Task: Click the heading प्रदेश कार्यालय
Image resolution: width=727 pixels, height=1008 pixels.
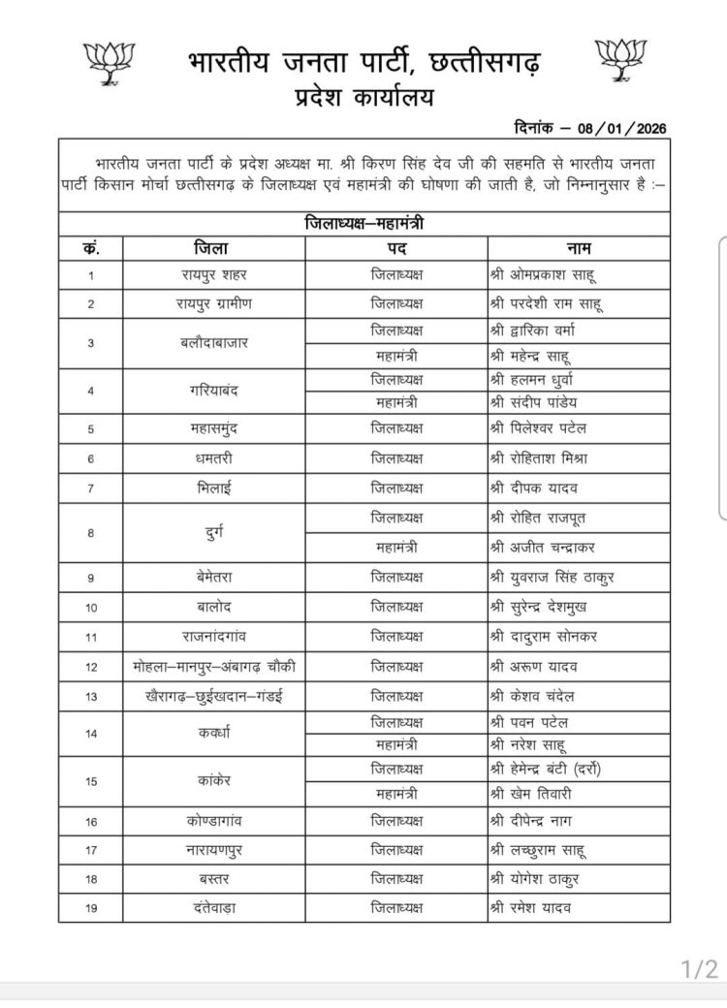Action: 363,97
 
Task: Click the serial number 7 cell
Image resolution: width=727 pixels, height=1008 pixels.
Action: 90,487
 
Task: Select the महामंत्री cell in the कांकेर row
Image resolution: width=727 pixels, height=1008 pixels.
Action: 397,794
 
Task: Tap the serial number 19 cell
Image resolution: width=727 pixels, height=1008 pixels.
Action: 90,908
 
